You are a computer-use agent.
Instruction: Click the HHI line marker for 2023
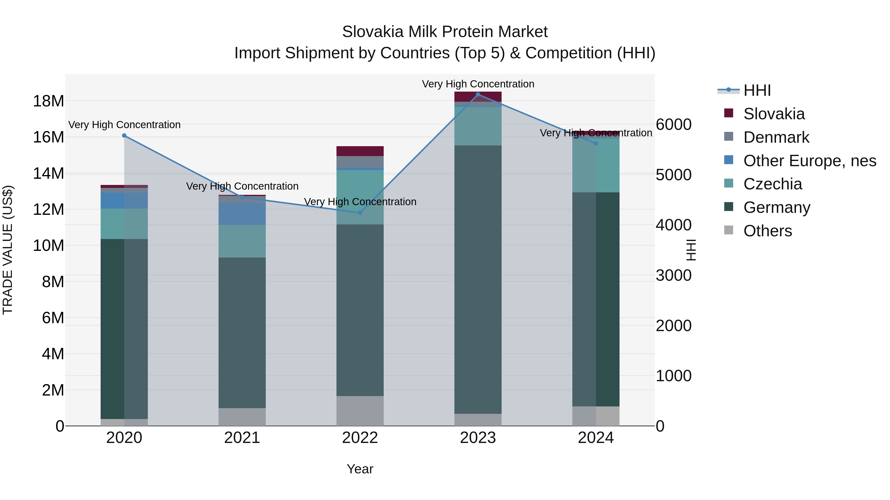click(478, 95)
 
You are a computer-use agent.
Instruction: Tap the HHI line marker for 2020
click(124, 136)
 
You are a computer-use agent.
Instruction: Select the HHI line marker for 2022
click(360, 213)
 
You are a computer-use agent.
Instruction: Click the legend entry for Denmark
click(776, 137)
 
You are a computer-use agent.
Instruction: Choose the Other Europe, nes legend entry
click(809, 161)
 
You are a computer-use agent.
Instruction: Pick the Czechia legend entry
click(773, 184)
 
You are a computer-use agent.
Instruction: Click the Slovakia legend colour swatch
click(728, 113)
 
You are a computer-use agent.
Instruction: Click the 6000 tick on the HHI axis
click(673, 125)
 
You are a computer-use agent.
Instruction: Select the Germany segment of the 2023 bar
click(478, 280)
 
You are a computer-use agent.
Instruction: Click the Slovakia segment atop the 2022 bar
click(360, 151)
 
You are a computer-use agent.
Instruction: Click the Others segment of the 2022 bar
click(360, 411)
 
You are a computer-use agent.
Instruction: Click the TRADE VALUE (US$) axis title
click(8, 250)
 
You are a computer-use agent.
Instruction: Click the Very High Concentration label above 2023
click(478, 84)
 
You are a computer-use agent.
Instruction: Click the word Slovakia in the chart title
click(373, 32)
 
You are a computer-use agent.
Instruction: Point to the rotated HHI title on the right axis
click(691, 250)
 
